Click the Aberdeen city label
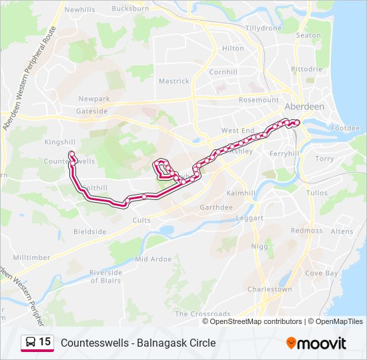[x=304, y=107]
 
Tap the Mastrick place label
[x=173, y=81]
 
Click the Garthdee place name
[x=216, y=207]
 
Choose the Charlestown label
[x=270, y=289]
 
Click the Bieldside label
[x=89, y=232]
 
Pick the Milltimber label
[x=31, y=257]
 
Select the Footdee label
[x=345, y=128]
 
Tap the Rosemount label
[x=258, y=100]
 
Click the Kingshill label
[x=59, y=142]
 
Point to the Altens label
[x=342, y=231]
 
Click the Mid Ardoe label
[x=153, y=259]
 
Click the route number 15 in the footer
[x=45, y=342]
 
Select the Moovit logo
[x=316, y=343]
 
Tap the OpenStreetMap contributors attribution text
[x=256, y=321]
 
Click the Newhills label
[x=79, y=10]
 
